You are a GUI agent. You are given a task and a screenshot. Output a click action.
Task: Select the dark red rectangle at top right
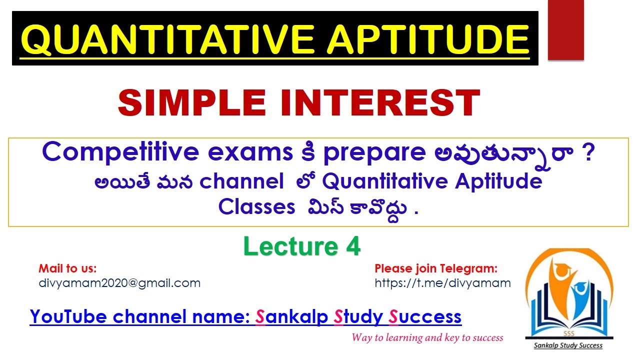565,30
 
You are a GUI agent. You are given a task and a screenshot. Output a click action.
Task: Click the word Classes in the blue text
256,207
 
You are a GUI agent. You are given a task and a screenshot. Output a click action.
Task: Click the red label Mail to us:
67,268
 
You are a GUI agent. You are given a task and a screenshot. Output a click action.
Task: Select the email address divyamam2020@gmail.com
119,283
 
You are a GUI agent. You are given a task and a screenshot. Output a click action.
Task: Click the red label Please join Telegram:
436,268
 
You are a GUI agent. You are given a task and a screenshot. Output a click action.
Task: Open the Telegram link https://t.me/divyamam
442,283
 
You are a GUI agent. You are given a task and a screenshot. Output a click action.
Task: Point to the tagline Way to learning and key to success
427,337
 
